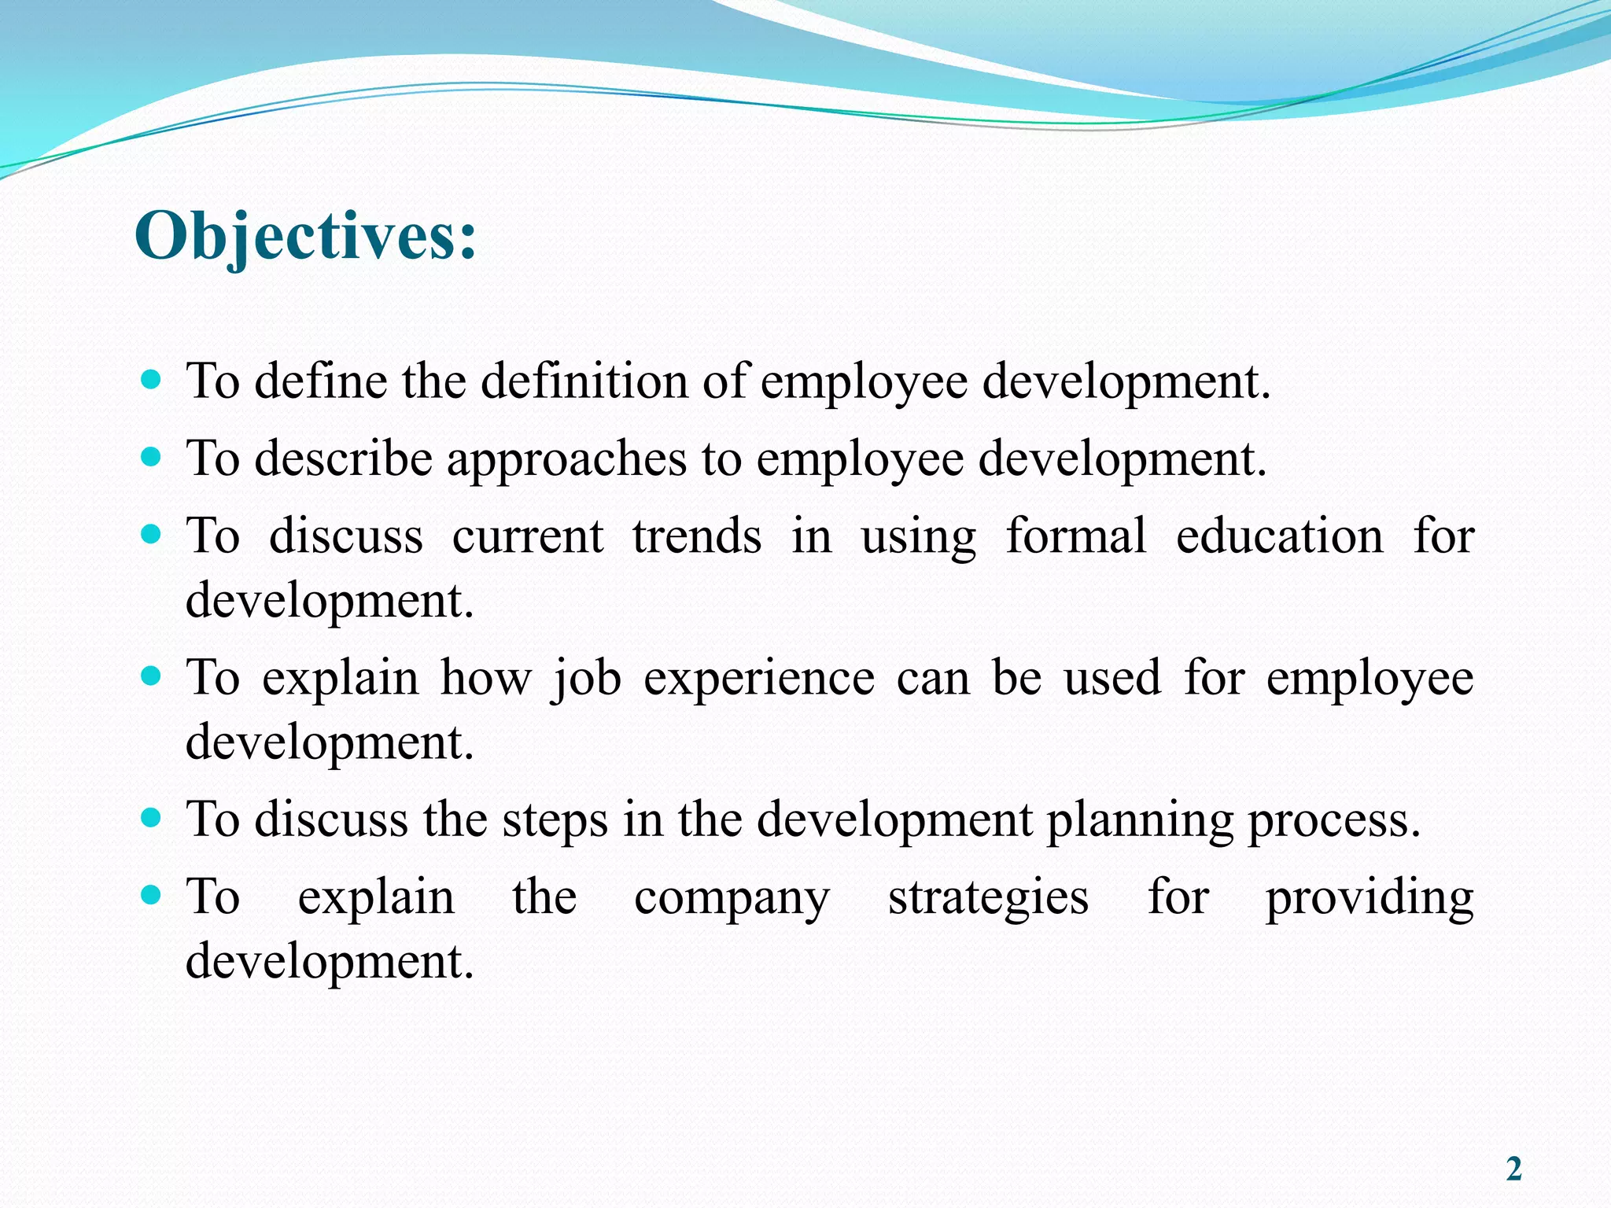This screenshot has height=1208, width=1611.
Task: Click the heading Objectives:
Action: (305, 236)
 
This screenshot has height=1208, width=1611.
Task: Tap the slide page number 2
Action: (1513, 1169)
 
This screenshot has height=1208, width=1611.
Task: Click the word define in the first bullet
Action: (321, 381)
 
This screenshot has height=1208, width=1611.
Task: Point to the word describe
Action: (344, 459)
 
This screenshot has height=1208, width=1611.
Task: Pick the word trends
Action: (697, 536)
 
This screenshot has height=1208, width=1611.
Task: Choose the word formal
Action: (1076, 536)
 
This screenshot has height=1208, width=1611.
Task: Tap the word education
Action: (1280, 536)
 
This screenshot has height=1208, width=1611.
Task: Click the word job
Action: (586, 679)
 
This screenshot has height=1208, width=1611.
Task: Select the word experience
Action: (759, 679)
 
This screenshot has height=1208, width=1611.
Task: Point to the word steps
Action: (555, 820)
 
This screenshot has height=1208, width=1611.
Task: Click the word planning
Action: (1139, 820)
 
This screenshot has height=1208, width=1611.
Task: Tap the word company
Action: (732, 898)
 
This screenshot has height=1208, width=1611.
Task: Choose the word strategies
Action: (988, 898)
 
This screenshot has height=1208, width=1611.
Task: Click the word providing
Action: (1370, 898)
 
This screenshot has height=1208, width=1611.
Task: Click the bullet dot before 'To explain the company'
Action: (150, 895)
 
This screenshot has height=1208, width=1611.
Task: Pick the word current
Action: (528, 536)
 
